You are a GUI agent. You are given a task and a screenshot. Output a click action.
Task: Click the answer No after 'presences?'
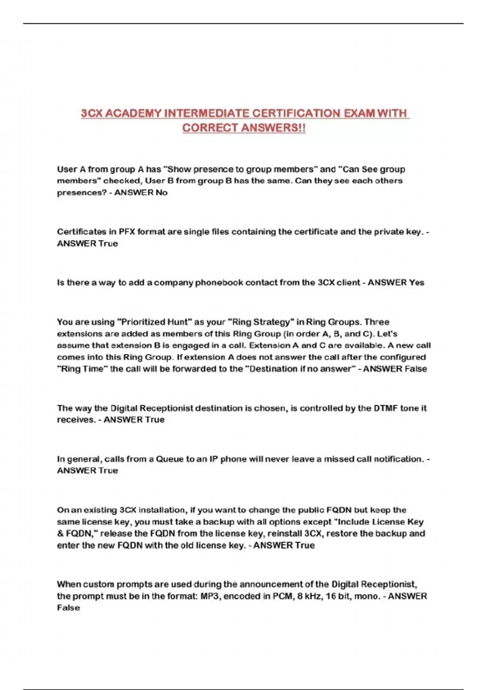pos(162,192)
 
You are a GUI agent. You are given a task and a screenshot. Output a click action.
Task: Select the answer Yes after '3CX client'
pos(416,282)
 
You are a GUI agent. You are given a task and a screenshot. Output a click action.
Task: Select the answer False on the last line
pos(68,608)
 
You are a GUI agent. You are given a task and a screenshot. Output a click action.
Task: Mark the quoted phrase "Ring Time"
pos(82,369)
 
